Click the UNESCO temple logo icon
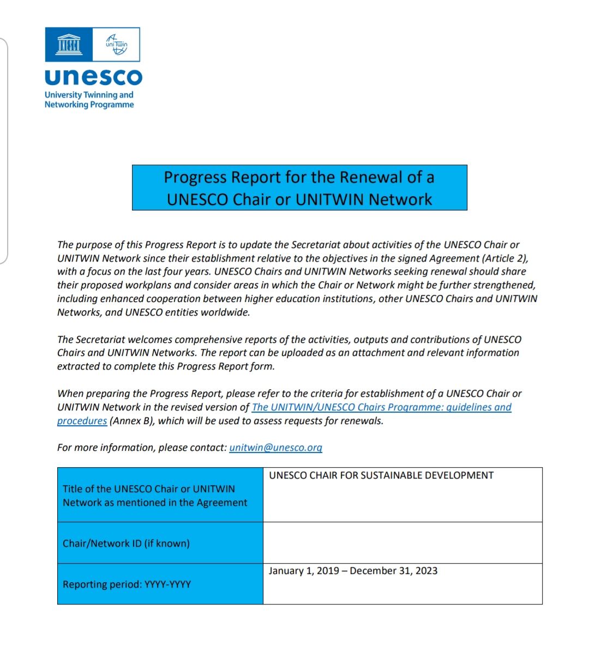point(69,44)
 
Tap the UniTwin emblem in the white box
point(117,44)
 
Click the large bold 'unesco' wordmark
point(93,77)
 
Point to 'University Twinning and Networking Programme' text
point(89,99)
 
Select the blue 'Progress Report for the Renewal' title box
point(299,188)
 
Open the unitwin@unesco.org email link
point(275,448)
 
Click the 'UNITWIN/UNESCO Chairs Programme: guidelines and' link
point(381,407)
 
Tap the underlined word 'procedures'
point(82,421)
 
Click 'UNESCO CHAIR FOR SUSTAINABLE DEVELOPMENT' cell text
point(381,475)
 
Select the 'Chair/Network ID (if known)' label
point(126,543)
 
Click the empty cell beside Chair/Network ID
point(402,543)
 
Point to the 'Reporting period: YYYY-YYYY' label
point(127,584)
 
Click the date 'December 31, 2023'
point(394,571)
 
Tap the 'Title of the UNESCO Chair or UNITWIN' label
point(149,489)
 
